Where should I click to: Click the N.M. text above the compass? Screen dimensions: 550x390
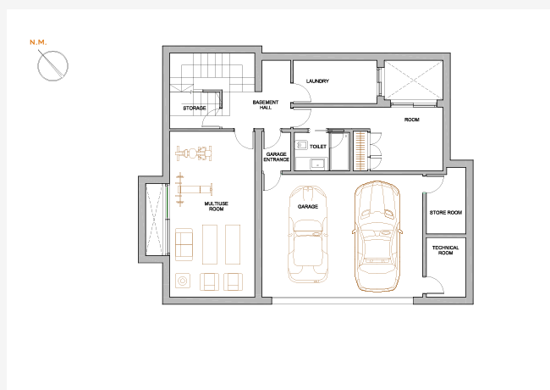click(38, 42)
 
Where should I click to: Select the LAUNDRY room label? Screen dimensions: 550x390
click(317, 81)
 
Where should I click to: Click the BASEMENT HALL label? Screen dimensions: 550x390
click(266, 104)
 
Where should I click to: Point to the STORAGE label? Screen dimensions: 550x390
click(195, 109)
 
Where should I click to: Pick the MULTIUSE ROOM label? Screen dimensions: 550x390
click(216, 206)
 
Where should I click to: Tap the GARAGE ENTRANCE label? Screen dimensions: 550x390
click(277, 157)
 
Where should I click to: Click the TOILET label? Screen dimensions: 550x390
click(318, 147)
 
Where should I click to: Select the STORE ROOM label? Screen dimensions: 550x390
click(446, 213)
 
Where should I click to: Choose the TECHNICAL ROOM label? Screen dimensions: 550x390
click(445, 250)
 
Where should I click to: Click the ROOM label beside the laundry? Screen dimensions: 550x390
click(412, 120)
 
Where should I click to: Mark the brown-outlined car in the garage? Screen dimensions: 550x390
click(377, 237)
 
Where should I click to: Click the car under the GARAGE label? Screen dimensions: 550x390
click(308, 234)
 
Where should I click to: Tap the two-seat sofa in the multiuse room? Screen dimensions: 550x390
click(184, 244)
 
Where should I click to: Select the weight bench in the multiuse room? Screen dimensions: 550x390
click(194, 189)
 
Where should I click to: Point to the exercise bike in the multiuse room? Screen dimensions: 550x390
click(194, 153)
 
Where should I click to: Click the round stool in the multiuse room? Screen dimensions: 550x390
click(183, 281)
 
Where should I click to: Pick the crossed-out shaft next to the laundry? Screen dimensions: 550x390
click(414, 80)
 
